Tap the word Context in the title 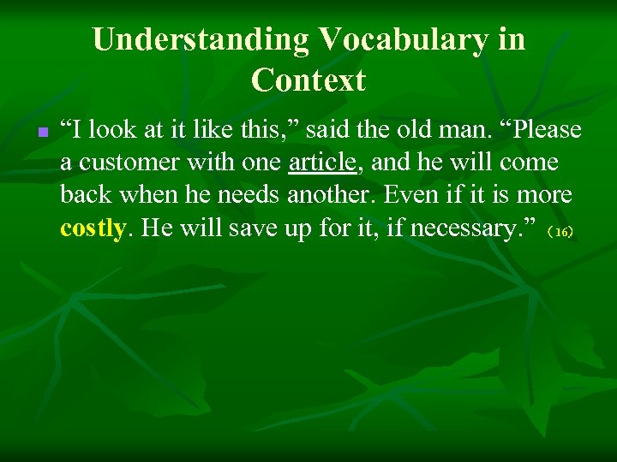tap(308, 80)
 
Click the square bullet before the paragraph tap(41, 133)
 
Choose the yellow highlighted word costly tap(93, 228)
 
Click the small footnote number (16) tap(561, 232)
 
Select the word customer tap(135, 163)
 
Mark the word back tap(82, 195)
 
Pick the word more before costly tap(544, 195)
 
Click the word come tap(528, 163)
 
